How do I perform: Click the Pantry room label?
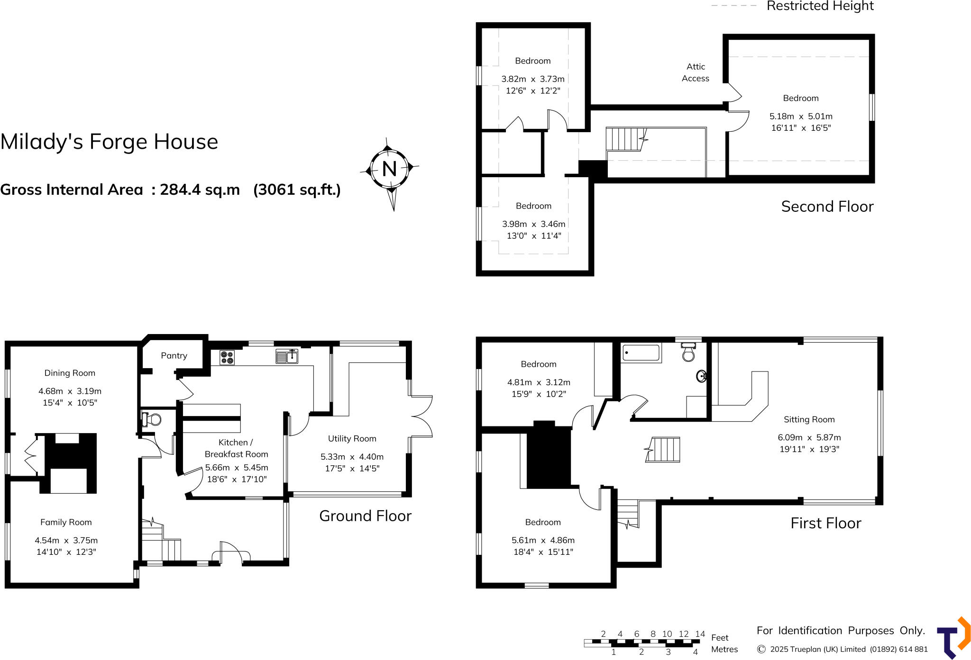[174, 356]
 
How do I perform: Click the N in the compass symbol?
[389, 169]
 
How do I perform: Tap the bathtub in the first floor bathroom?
[641, 353]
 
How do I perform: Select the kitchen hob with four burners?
[227, 357]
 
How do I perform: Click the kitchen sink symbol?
[286, 356]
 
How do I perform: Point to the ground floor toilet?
[152, 419]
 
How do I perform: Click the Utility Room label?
[352, 439]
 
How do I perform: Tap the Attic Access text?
[696, 72]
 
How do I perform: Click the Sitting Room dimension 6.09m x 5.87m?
[809, 437]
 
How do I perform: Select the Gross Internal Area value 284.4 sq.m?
[200, 190]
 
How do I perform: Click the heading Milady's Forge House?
[109, 142]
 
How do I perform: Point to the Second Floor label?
[827, 207]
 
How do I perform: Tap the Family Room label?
[66, 522]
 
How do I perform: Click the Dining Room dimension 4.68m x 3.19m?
[70, 391]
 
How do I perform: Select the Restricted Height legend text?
[820, 6]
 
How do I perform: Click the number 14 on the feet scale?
[700, 634]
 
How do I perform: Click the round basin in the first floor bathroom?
[702, 376]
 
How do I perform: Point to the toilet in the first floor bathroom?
[688, 353]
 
